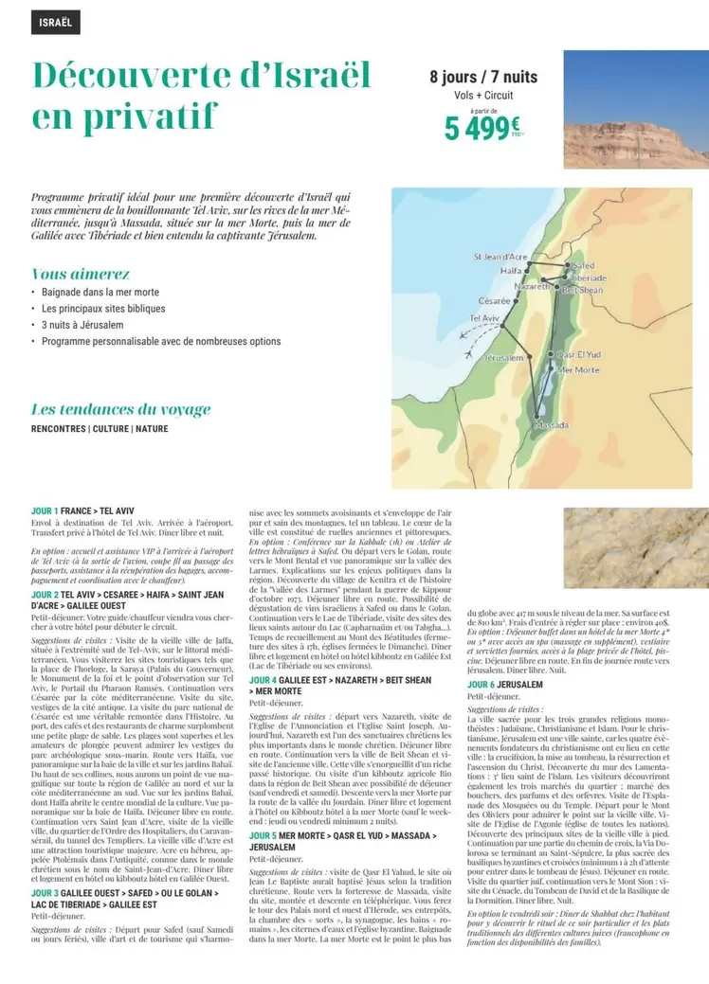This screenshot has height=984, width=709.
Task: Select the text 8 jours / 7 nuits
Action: [x=483, y=77]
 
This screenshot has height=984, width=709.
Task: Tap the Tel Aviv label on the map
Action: [x=484, y=318]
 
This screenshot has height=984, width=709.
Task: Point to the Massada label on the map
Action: [x=552, y=425]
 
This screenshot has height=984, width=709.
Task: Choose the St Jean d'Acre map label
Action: [x=500, y=257]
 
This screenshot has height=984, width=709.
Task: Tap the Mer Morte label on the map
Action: [x=578, y=369]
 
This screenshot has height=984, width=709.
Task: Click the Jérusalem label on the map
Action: [x=503, y=359]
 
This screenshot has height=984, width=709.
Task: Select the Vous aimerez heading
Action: [x=81, y=273]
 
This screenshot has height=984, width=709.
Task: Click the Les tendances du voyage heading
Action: [x=120, y=409]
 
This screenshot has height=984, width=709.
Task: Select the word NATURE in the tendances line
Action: [x=152, y=429]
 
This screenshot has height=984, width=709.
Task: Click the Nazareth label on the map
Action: [x=533, y=285]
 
